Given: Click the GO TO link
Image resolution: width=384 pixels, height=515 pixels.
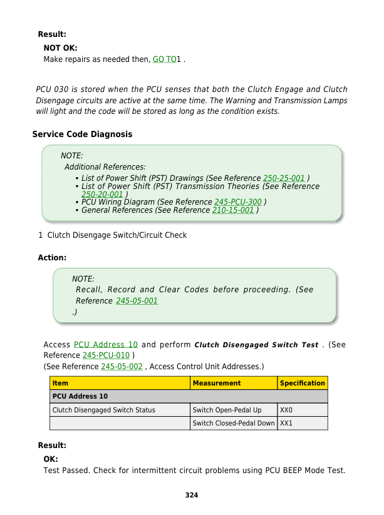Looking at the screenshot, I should point(164,59).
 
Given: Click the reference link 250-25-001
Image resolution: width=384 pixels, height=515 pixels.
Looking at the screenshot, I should point(284,178).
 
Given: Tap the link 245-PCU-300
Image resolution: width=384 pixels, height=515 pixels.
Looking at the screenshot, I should point(237,202).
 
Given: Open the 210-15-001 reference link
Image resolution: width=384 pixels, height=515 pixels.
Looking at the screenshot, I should point(233,211).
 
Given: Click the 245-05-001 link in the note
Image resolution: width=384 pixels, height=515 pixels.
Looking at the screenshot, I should point(137,301).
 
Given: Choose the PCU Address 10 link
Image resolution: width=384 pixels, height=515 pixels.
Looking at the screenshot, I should point(106,345).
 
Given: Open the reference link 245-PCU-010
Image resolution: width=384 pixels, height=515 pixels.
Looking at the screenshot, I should point(106,355).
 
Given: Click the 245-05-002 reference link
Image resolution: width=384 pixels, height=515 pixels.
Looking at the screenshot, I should point(122,366).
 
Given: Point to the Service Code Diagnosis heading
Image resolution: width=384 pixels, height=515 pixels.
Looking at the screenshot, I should point(82,135).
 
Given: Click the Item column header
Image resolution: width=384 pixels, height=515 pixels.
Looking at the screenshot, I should point(61,383).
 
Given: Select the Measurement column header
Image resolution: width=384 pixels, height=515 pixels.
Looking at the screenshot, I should point(217,383).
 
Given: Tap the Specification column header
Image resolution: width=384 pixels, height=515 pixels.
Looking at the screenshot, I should point(303,383).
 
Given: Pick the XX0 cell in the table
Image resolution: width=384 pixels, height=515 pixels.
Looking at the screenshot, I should point(286,410).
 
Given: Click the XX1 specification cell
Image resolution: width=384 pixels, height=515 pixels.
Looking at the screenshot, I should point(286,424).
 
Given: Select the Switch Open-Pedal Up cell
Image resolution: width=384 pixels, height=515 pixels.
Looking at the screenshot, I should point(227,410).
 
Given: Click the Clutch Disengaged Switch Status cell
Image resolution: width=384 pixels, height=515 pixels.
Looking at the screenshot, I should point(104,410).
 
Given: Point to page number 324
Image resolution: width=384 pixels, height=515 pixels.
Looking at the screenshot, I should point(192,496).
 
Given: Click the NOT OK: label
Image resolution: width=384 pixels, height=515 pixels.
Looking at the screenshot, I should point(60,48).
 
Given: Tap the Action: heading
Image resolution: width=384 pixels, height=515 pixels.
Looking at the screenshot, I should point(52,258).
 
